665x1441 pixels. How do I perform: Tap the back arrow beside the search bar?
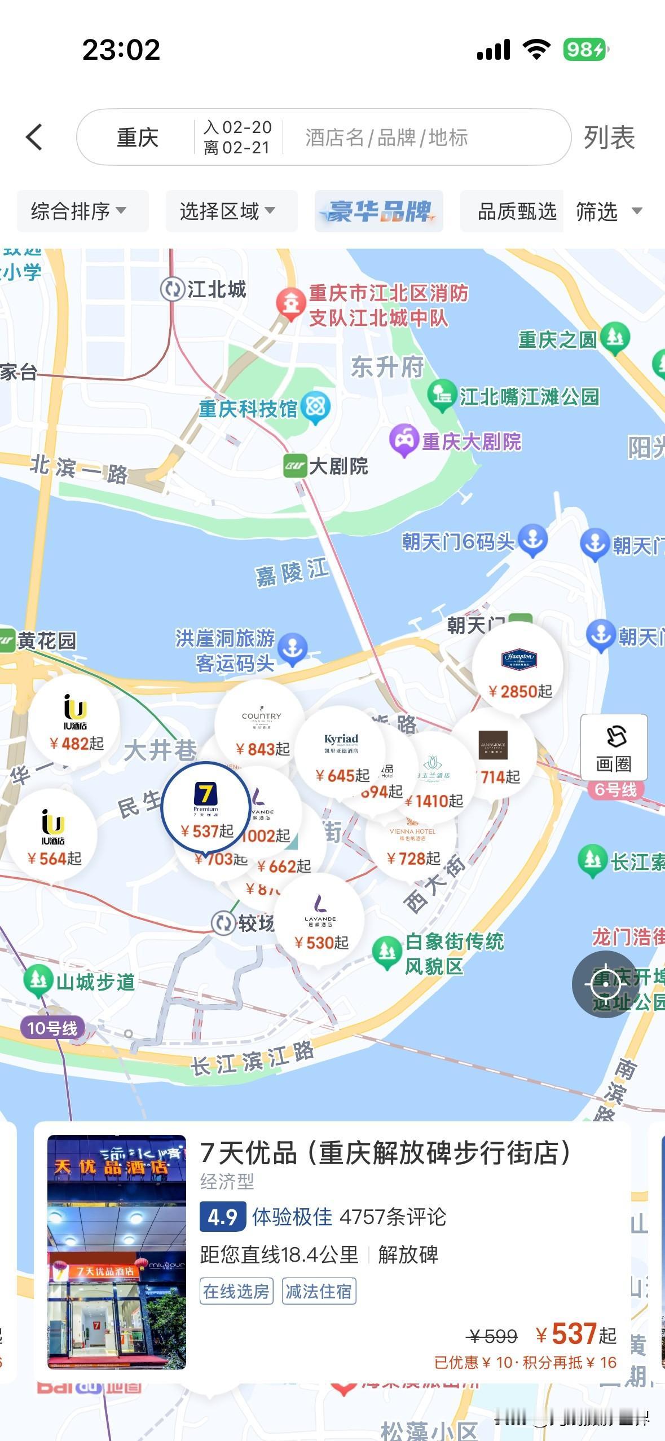(34, 137)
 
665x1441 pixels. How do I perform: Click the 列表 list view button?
(609, 138)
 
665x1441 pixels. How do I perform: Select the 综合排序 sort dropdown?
(79, 211)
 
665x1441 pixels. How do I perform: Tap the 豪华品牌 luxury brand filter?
(378, 211)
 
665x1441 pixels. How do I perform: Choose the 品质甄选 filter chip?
(516, 211)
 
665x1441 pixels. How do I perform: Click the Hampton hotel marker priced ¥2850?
(518, 671)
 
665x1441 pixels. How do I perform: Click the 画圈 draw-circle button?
(614, 747)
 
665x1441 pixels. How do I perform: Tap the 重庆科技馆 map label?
(248, 409)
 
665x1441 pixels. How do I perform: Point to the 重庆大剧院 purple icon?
(403, 440)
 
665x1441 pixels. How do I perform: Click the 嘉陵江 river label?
(292, 573)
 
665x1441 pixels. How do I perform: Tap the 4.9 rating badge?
(222, 1217)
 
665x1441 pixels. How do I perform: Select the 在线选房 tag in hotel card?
(236, 1292)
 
